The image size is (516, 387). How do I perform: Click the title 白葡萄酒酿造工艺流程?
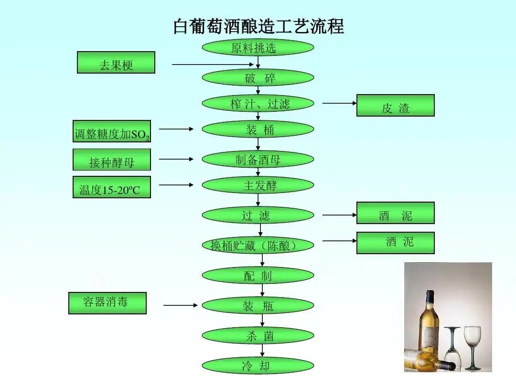(x=258, y=26)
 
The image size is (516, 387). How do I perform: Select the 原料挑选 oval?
(x=258, y=48)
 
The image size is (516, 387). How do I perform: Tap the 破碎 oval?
(x=258, y=78)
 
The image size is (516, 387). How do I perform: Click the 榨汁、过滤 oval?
(x=258, y=104)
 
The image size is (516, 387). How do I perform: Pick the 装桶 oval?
(x=258, y=129)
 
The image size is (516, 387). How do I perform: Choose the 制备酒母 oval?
(x=258, y=160)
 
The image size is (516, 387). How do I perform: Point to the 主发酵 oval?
(x=258, y=185)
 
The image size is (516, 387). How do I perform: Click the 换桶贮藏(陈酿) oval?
(x=258, y=246)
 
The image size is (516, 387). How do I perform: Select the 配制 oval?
(x=258, y=276)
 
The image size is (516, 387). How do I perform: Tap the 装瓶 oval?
(x=258, y=306)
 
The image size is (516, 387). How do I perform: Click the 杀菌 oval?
(x=258, y=336)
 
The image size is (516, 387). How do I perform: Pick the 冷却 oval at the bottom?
(x=258, y=366)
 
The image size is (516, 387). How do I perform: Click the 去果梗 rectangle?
(x=116, y=63)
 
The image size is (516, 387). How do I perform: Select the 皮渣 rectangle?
(x=396, y=106)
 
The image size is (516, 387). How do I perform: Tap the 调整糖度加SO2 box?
(x=112, y=131)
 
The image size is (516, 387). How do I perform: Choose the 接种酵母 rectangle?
(x=112, y=160)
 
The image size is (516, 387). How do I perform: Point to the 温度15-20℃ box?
(x=112, y=187)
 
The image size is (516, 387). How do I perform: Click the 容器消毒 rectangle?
(x=107, y=303)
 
